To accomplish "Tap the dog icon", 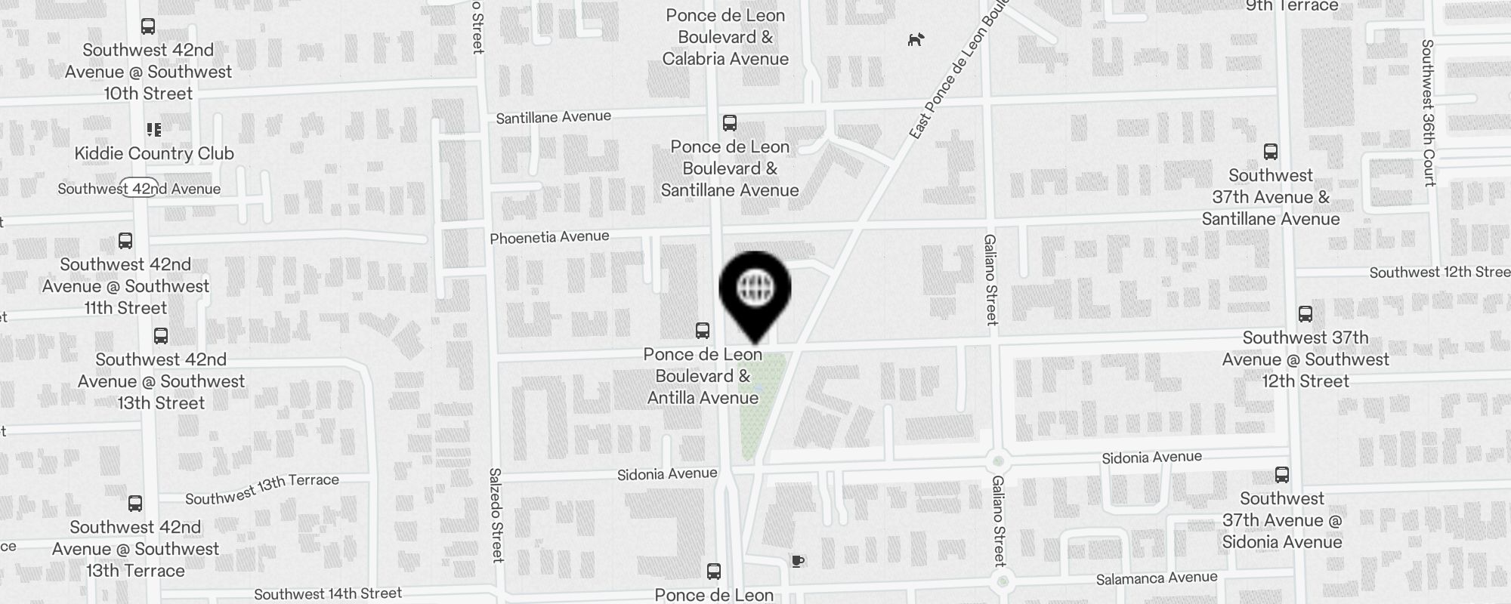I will pyautogui.click(x=916, y=39).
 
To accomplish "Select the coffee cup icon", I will pyautogui.click(x=797, y=560).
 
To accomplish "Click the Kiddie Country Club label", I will pyautogui.click(x=154, y=153).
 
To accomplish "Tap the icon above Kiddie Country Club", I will pyautogui.click(x=154, y=130).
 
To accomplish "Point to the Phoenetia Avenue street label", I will pyautogui.click(x=549, y=237).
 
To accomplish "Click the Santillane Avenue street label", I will pyautogui.click(x=553, y=117).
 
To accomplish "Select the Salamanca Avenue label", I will pyautogui.click(x=1157, y=578).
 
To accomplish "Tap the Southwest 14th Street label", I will pyautogui.click(x=328, y=594).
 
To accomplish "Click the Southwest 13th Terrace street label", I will pyautogui.click(x=262, y=488).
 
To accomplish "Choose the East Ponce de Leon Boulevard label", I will pyautogui.click(x=959, y=72).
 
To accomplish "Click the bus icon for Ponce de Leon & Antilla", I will pyautogui.click(x=703, y=331).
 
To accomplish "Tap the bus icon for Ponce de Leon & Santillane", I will pyautogui.click(x=730, y=123).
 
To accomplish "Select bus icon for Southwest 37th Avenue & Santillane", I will pyautogui.click(x=1271, y=152).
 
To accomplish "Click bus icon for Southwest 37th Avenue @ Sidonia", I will pyautogui.click(x=1282, y=475).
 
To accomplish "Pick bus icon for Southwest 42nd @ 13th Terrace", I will pyautogui.click(x=135, y=504).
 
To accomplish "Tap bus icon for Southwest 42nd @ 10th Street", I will pyautogui.click(x=148, y=26).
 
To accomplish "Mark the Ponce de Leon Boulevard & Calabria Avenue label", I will pyautogui.click(x=725, y=37).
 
